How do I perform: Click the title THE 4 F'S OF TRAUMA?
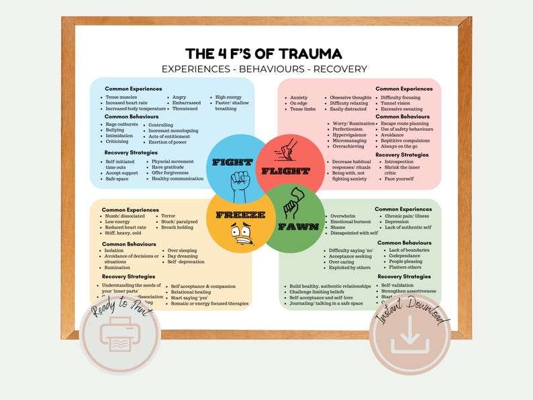pos(264,53)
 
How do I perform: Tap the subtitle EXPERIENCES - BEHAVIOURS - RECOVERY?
pos(264,69)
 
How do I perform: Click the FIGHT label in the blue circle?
pos(232,162)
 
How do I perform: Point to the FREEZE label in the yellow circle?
pos(231,215)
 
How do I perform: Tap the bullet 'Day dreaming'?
pos(184,256)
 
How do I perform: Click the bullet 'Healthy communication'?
pos(177,179)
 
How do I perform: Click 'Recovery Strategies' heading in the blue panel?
pos(130,152)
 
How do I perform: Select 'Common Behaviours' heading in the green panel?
pos(404,242)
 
